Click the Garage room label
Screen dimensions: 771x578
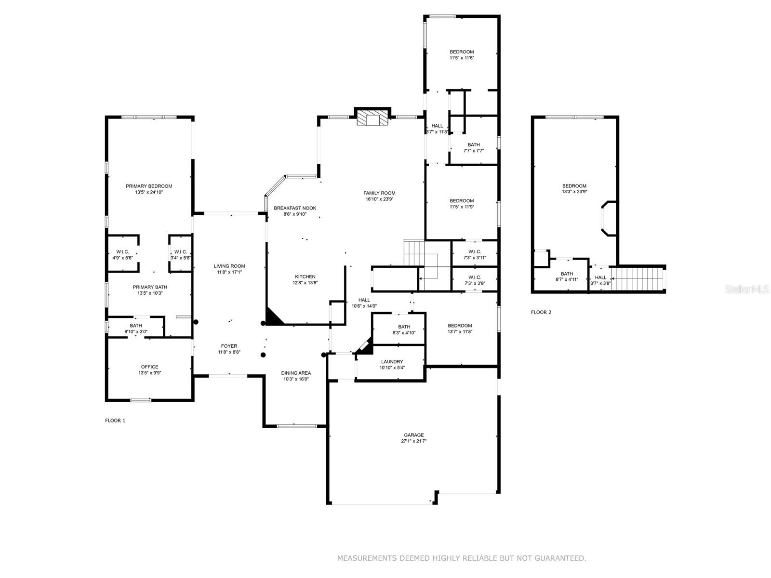[x=413, y=435]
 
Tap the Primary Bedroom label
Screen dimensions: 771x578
[x=149, y=186]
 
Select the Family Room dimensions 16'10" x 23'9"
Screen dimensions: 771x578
[x=379, y=199]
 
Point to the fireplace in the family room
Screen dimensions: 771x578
[x=372, y=117]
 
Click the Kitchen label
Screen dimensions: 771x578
[x=305, y=276]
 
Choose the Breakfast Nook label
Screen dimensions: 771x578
[x=295, y=208]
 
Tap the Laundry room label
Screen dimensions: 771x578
[x=392, y=361]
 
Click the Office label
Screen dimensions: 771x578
[x=150, y=367]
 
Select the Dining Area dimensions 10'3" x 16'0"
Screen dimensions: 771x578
[x=296, y=379]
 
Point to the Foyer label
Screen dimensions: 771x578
[x=229, y=346]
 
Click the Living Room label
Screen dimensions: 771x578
[x=229, y=266]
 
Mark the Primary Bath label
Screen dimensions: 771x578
[x=150, y=287]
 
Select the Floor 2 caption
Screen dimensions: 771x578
[x=541, y=312]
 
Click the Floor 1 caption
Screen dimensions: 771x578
[x=115, y=420]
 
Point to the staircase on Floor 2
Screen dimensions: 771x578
[x=638, y=279]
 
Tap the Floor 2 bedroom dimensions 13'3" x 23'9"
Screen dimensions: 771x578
[x=574, y=192]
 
